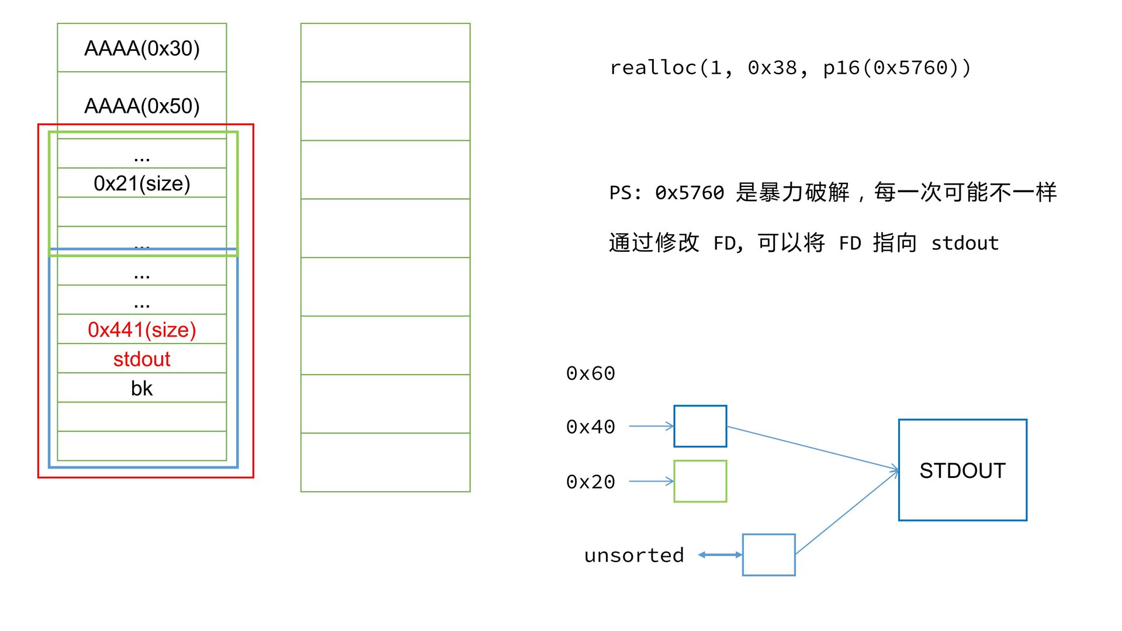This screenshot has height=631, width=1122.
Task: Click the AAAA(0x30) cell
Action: point(142,48)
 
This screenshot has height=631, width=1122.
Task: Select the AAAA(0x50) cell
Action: point(142,106)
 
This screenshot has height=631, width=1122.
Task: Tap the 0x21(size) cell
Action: point(142,183)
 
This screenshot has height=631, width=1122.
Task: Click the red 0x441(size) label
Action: point(142,330)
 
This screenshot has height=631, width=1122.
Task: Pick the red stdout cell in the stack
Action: point(142,359)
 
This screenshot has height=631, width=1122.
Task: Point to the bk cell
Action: point(142,389)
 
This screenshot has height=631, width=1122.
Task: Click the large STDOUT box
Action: point(962,470)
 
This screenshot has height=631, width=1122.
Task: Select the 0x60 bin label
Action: point(590,373)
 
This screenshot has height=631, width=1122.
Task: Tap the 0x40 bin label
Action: point(590,427)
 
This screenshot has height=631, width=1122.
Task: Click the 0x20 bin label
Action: point(590,482)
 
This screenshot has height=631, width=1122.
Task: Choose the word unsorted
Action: point(634,555)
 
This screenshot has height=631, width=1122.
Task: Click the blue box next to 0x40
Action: point(700,427)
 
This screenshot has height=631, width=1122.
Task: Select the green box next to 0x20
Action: point(700,481)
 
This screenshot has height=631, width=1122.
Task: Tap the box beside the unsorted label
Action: point(768,554)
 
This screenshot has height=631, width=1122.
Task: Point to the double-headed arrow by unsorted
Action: point(720,554)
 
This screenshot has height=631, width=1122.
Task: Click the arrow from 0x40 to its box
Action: point(651,427)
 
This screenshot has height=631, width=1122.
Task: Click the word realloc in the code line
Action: point(653,68)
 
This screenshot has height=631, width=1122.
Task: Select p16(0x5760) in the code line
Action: point(896,68)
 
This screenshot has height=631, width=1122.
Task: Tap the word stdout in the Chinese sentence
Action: point(965,243)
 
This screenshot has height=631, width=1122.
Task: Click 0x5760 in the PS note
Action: point(690,193)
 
